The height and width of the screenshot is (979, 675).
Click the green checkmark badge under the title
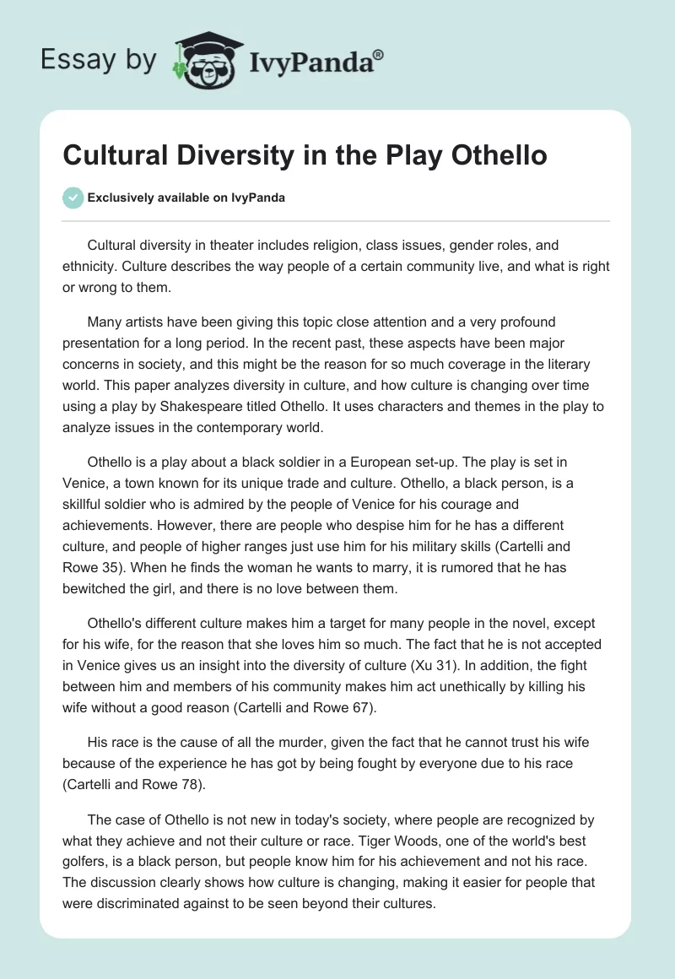[x=74, y=197]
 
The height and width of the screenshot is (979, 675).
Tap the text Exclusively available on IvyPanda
[x=186, y=198]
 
